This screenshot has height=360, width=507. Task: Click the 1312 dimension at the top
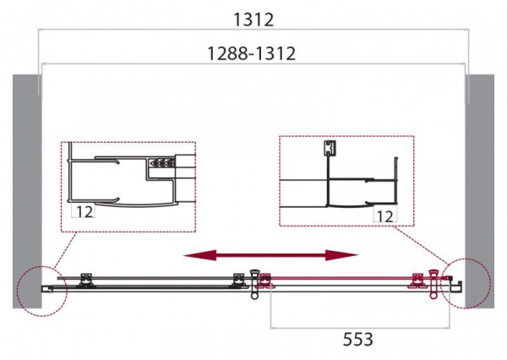[x=253, y=19]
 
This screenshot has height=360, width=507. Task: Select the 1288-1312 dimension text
[x=251, y=53]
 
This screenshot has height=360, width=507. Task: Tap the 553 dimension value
[x=357, y=340]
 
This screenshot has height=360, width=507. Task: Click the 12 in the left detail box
[x=84, y=211]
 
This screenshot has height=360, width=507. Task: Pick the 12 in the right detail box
[x=385, y=216]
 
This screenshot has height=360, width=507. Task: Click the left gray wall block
[x=27, y=191]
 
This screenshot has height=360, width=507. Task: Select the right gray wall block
[x=479, y=191]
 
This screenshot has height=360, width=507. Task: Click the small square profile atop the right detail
[x=330, y=149]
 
